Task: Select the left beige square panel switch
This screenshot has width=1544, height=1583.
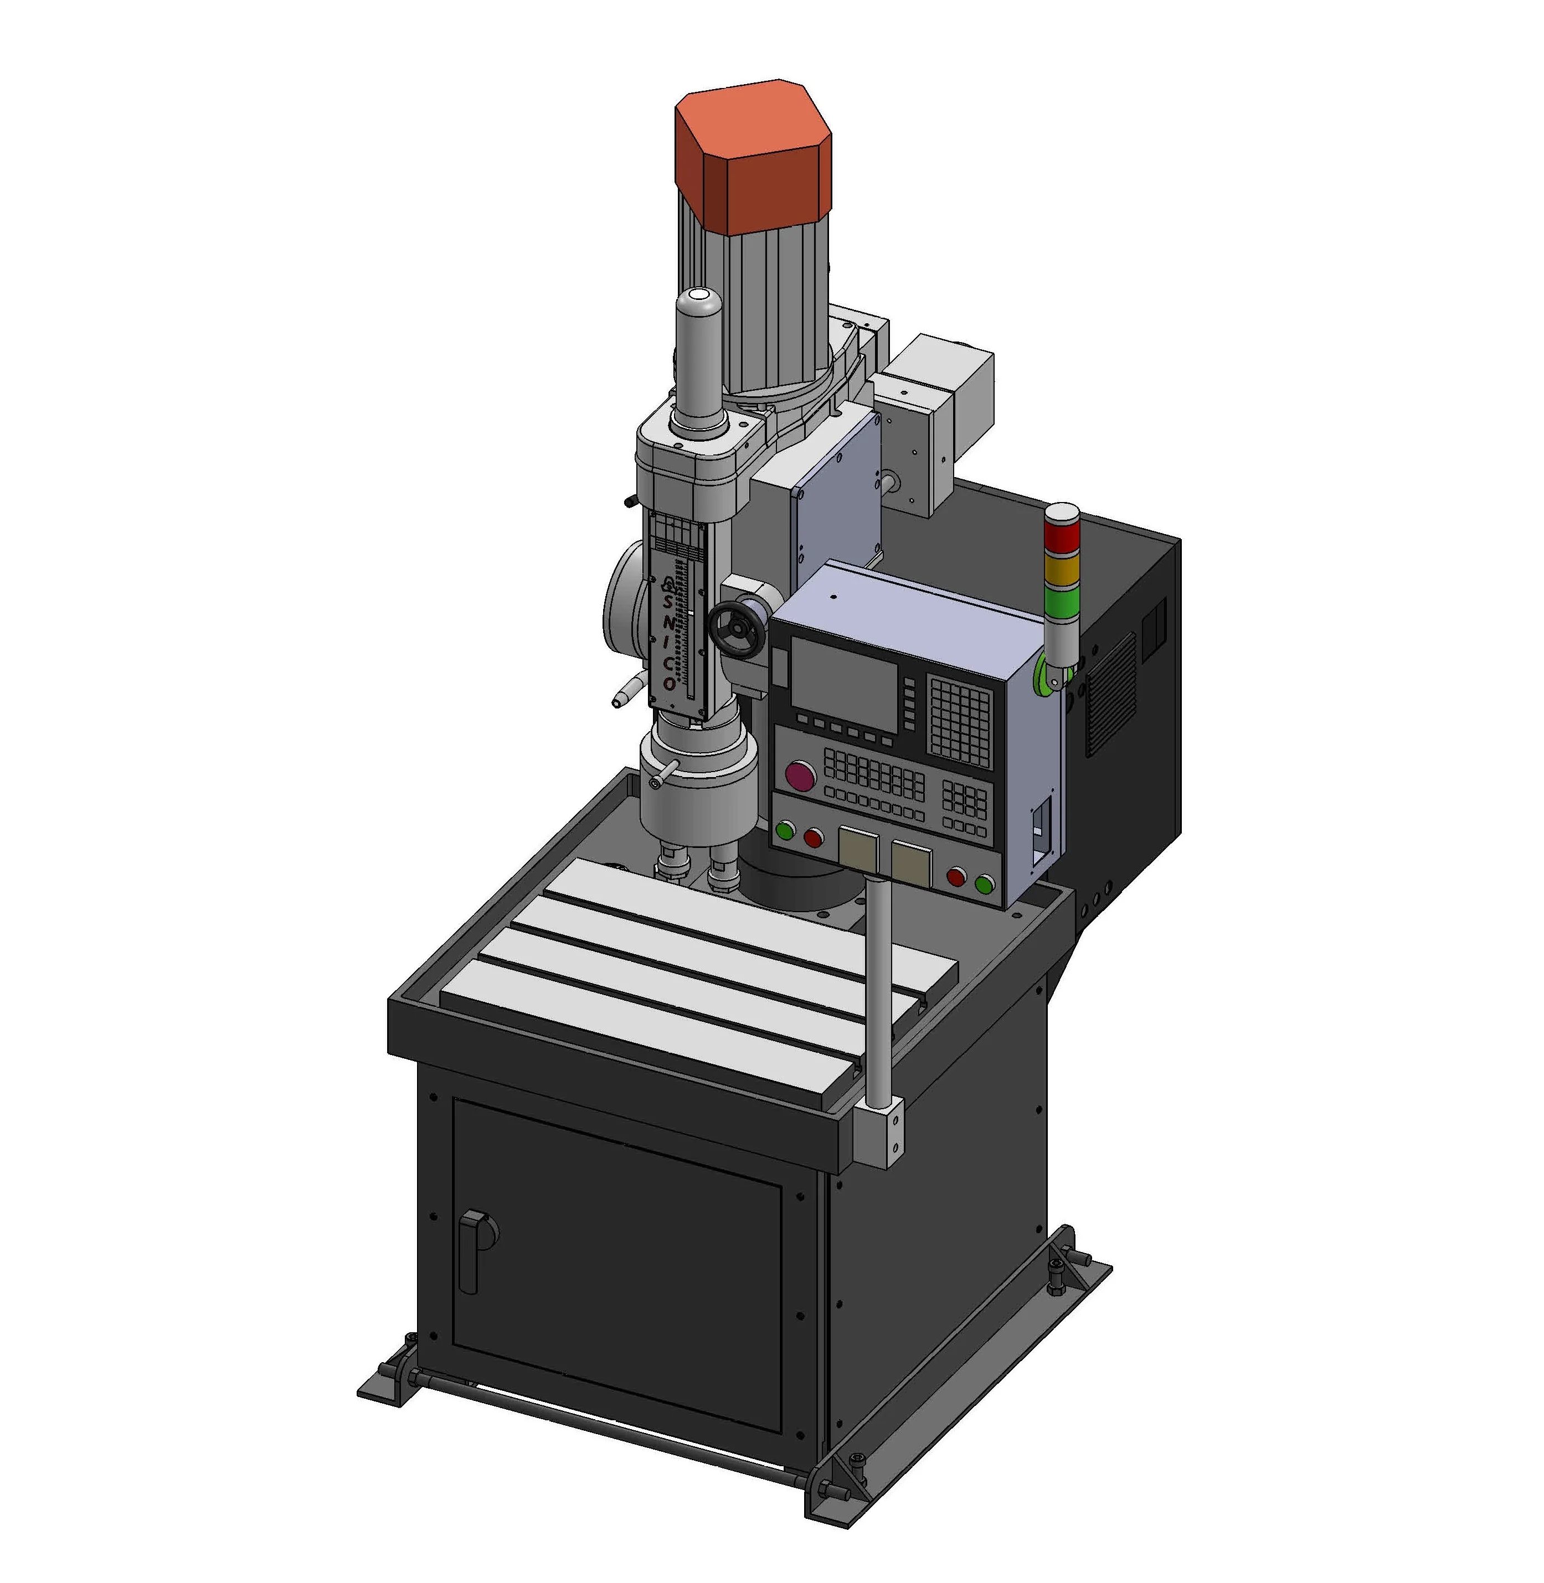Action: (857, 851)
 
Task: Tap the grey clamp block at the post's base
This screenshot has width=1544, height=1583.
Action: (878, 1132)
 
